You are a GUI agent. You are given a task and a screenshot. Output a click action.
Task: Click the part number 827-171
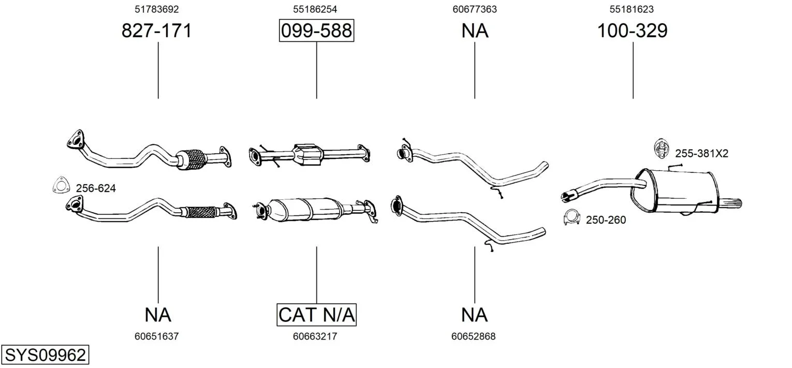pos(157,31)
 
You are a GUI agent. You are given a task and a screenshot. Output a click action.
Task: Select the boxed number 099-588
pos(316,31)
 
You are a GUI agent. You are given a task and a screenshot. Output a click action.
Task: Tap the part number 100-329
pos(632,31)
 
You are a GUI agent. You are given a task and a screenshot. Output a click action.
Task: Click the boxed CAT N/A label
pos(316,315)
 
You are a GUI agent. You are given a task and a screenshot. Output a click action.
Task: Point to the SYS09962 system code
pos(45,355)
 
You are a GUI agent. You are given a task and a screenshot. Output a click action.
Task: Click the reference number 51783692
pos(157,9)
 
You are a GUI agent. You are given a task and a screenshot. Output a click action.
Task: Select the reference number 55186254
pos(315,9)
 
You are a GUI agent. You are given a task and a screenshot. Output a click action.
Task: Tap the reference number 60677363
pos(475,9)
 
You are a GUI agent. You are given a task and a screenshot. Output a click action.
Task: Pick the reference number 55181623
pos(632,9)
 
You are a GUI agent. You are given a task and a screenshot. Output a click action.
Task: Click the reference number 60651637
pos(157,336)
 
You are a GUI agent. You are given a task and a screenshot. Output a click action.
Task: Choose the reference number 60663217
pos(315,336)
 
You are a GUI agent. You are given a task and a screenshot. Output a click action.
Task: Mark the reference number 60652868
pos(474,336)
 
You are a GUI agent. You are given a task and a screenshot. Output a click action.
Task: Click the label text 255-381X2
pos(701,153)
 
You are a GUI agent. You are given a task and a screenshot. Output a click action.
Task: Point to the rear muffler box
pos(676,192)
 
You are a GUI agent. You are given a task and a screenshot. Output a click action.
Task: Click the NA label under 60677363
pos(475,31)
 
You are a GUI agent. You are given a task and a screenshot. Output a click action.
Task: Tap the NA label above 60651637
pos(158,315)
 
